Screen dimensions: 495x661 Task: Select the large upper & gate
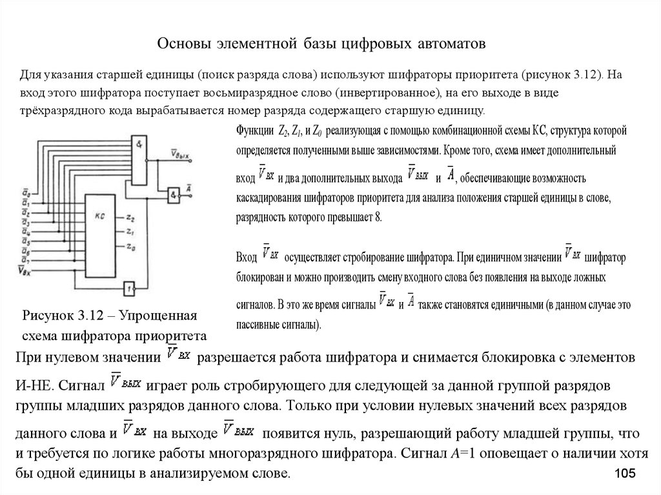[x=139, y=157]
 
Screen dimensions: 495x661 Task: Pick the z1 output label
[x=131, y=230]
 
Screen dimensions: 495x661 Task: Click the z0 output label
[x=131, y=246]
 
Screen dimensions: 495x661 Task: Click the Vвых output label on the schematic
[x=178, y=152]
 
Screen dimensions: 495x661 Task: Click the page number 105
[x=625, y=474]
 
